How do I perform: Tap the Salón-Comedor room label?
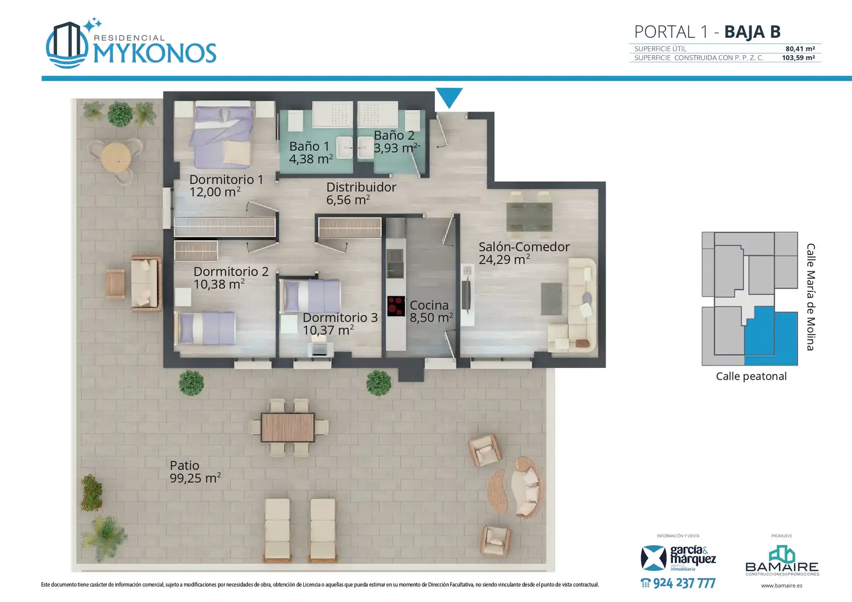[524, 253]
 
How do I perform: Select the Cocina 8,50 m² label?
[431, 311]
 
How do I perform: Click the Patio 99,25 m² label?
[195, 472]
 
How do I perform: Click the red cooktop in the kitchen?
[396, 306]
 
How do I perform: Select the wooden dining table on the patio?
[288, 427]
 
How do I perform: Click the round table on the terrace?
[117, 157]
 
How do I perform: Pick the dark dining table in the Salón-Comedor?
[529, 216]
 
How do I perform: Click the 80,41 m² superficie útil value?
[800, 48]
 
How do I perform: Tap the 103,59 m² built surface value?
[798, 58]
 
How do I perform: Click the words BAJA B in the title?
[752, 32]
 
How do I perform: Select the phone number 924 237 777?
[678, 583]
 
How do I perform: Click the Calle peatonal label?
[751, 376]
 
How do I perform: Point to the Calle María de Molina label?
[811, 297]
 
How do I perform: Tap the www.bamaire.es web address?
[782, 586]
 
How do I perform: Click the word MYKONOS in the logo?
[155, 53]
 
